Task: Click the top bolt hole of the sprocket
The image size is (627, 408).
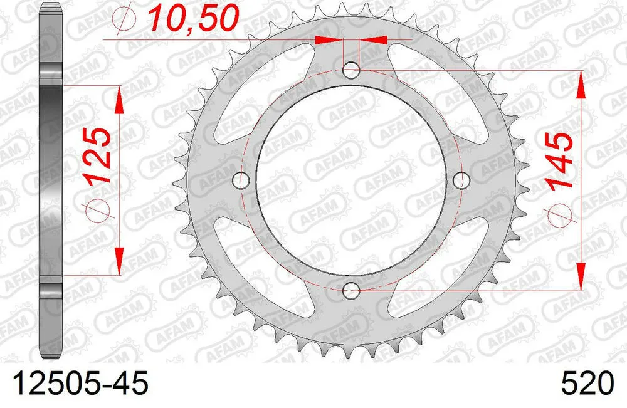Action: point(352,70)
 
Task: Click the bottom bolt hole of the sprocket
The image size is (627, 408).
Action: point(352,290)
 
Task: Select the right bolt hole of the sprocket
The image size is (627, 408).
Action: point(462,180)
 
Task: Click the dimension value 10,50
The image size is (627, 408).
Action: point(192,19)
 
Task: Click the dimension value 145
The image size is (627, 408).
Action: point(560,161)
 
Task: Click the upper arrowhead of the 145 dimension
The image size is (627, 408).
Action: point(581,81)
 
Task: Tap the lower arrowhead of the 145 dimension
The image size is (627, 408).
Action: point(581,279)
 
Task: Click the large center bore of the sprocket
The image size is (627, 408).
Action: point(352,180)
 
